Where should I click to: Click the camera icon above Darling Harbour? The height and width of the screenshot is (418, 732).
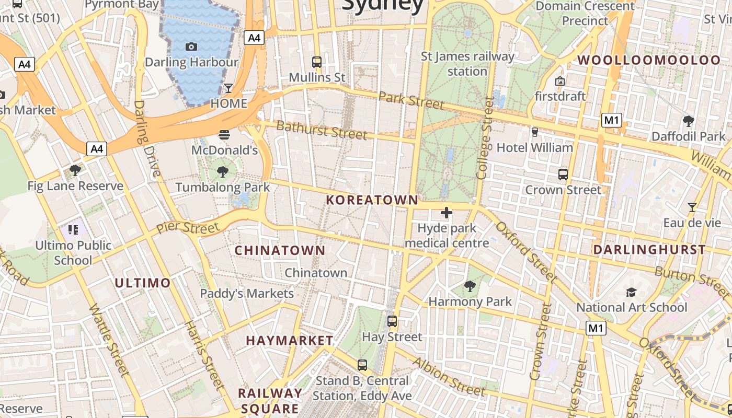click(x=191, y=47)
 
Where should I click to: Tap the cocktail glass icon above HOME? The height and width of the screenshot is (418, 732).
click(x=228, y=88)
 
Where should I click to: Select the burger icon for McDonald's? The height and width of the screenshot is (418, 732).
click(x=224, y=135)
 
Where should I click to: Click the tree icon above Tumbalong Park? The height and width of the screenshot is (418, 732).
click(x=223, y=171)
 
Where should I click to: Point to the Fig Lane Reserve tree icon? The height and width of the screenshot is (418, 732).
click(x=75, y=170)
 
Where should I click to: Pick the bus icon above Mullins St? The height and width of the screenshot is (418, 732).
click(x=317, y=62)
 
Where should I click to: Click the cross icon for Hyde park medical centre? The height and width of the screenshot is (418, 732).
click(x=447, y=213)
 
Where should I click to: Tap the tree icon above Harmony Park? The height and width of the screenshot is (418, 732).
click(x=470, y=286)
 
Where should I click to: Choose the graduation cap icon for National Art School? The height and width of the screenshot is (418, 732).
click(x=631, y=292)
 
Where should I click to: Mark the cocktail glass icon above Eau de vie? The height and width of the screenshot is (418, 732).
click(x=692, y=207)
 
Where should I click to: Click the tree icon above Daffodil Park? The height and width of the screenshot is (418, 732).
click(x=689, y=121)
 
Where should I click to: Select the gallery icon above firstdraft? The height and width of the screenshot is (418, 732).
click(x=560, y=81)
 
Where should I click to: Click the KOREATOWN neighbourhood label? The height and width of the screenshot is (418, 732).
click(x=372, y=200)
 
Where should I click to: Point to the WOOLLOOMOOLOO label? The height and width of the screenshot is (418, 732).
click(x=649, y=60)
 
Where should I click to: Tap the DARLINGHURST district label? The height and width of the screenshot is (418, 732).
click(x=649, y=250)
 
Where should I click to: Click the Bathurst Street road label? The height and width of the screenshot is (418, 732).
click(x=322, y=130)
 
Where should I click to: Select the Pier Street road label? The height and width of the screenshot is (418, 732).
click(x=188, y=228)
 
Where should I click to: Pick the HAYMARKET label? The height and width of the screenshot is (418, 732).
click(x=290, y=341)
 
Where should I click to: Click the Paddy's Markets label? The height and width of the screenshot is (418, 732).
click(x=247, y=294)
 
